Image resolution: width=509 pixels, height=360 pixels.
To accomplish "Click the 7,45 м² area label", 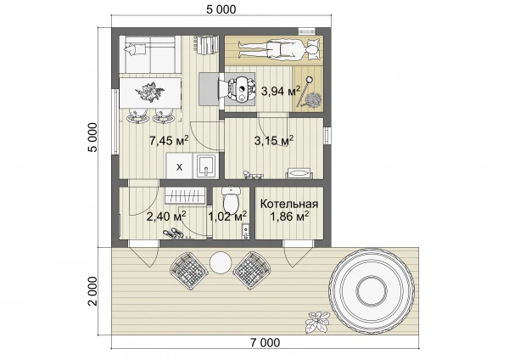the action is point(169,141).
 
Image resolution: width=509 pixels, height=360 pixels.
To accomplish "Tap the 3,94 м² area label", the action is point(281,91).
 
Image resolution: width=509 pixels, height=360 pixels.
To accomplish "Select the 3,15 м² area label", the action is point(274,140).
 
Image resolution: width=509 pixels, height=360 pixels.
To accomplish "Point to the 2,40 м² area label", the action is point(166,216).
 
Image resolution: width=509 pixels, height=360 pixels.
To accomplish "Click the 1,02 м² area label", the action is point(227,216).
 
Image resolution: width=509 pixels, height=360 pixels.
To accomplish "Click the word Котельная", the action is point(289,204).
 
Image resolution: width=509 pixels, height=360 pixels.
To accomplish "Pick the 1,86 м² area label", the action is point(289,216).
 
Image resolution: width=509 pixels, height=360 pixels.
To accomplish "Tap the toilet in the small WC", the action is point(231,200).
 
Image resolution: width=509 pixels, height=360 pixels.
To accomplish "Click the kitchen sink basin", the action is point(204,166).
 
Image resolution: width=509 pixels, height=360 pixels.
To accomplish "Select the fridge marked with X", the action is point(179,166).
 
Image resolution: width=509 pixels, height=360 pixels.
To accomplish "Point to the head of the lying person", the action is point(311,50).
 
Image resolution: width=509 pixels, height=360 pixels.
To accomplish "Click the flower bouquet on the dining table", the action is point(149,92).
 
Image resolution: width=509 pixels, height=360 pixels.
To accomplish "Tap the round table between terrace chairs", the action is point(221,263).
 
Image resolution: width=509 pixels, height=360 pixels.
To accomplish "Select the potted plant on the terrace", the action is point(317,323).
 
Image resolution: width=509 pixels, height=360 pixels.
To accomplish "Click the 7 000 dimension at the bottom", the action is point(265,342).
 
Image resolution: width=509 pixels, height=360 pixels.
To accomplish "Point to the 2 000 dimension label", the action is point(92,291).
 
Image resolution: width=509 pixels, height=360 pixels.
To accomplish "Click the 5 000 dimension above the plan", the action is point(221,9).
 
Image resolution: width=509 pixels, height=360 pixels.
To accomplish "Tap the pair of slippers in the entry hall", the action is point(173,233).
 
